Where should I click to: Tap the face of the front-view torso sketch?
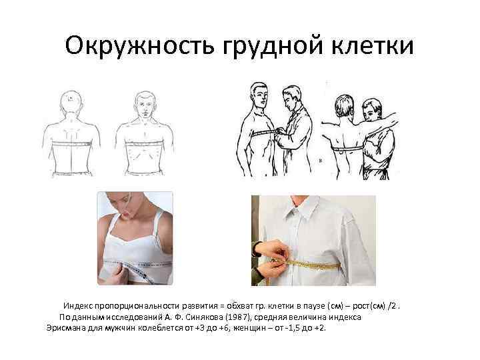click(143, 103)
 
